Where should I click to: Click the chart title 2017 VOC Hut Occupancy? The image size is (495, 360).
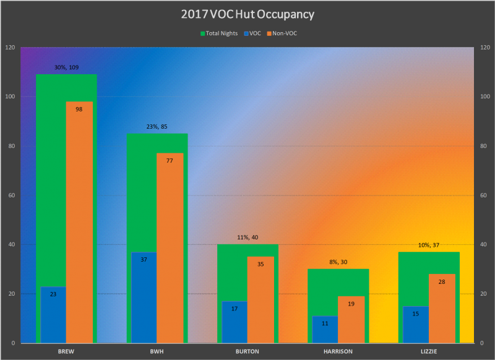coord(247,14)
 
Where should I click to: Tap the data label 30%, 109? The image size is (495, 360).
coord(66,67)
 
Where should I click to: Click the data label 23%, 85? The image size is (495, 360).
coord(157,127)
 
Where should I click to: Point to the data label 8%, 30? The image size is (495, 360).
coord(338,262)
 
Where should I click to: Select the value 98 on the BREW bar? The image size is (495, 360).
coord(79,109)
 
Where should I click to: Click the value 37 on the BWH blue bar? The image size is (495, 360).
coord(144,259)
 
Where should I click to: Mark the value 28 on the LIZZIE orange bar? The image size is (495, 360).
coord(442,281)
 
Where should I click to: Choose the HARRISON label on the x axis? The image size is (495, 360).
coord(338,351)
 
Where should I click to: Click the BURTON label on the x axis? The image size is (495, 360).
coord(247,351)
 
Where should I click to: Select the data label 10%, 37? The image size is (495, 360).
coord(429,245)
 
